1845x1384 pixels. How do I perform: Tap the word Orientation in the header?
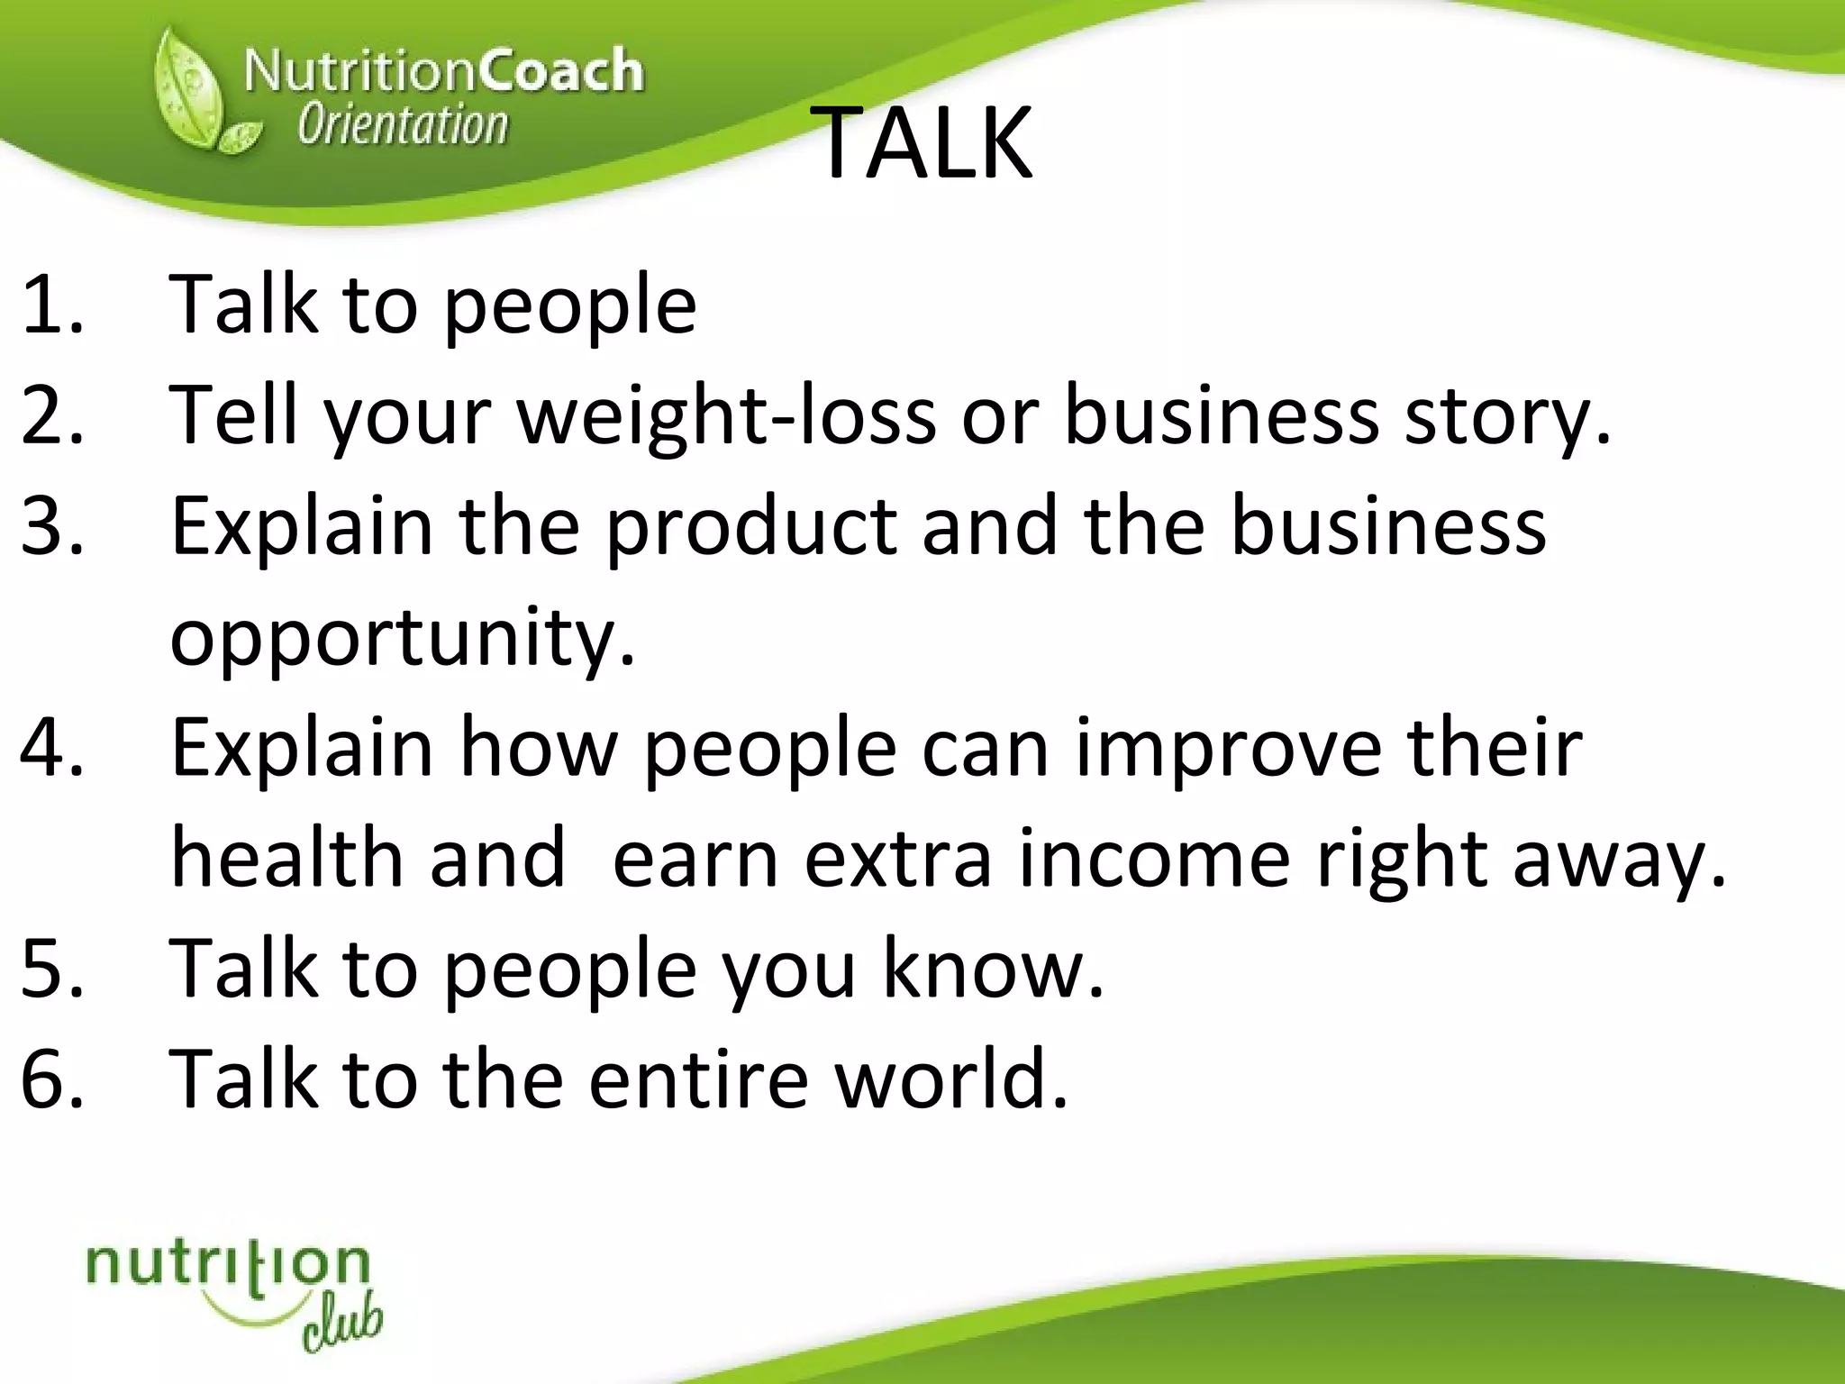[x=403, y=125]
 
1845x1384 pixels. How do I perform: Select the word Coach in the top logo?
[x=560, y=70]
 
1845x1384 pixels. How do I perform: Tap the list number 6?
[x=52, y=1079]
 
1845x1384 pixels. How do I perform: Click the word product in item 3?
[x=751, y=526]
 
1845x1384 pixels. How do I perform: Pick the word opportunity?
[x=402, y=638]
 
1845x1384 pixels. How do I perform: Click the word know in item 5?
[x=991, y=969]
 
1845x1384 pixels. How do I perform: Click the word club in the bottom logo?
[x=342, y=1325]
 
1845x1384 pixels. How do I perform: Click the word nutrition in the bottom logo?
[x=228, y=1265]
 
